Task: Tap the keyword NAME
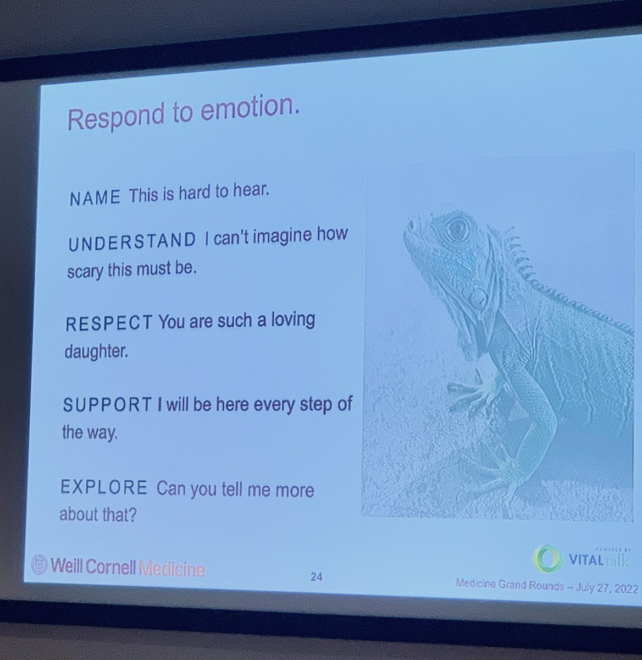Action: point(95,198)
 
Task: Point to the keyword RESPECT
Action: point(108,323)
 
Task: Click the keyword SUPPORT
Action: point(107,405)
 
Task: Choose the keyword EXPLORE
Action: point(104,487)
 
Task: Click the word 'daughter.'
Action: point(96,350)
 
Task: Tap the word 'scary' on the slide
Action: point(85,271)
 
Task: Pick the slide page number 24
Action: point(316,577)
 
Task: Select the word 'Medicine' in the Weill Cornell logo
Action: point(171,569)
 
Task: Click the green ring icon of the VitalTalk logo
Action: point(547,559)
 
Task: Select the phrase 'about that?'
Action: point(97,515)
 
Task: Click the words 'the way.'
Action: point(90,432)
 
